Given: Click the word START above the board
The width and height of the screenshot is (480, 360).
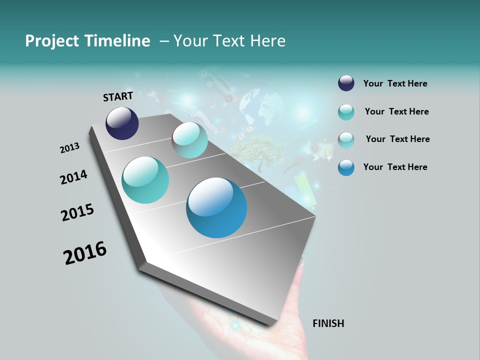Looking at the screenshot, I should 118,96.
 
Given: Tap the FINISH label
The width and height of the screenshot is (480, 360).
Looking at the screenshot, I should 328,323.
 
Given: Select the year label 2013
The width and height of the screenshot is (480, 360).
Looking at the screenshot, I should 70,148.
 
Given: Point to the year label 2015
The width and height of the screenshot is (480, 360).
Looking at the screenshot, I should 77,212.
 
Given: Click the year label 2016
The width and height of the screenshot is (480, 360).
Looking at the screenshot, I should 85,253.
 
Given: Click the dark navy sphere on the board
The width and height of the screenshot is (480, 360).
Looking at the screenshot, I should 122,123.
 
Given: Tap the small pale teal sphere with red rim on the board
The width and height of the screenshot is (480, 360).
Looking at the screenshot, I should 190,140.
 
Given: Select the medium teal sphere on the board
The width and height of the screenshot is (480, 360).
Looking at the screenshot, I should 145,180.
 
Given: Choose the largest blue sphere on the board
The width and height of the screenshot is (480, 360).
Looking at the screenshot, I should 216,207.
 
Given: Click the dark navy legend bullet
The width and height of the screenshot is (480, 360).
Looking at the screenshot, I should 346,83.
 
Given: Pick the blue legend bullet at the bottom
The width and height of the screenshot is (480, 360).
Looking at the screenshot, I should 346,167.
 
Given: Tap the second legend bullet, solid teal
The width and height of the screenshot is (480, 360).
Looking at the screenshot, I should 346,112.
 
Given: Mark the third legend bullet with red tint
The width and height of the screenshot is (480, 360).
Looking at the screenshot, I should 346,140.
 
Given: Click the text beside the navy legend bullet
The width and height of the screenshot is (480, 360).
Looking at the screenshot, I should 395,84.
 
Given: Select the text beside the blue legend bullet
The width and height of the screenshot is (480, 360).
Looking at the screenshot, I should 395,167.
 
